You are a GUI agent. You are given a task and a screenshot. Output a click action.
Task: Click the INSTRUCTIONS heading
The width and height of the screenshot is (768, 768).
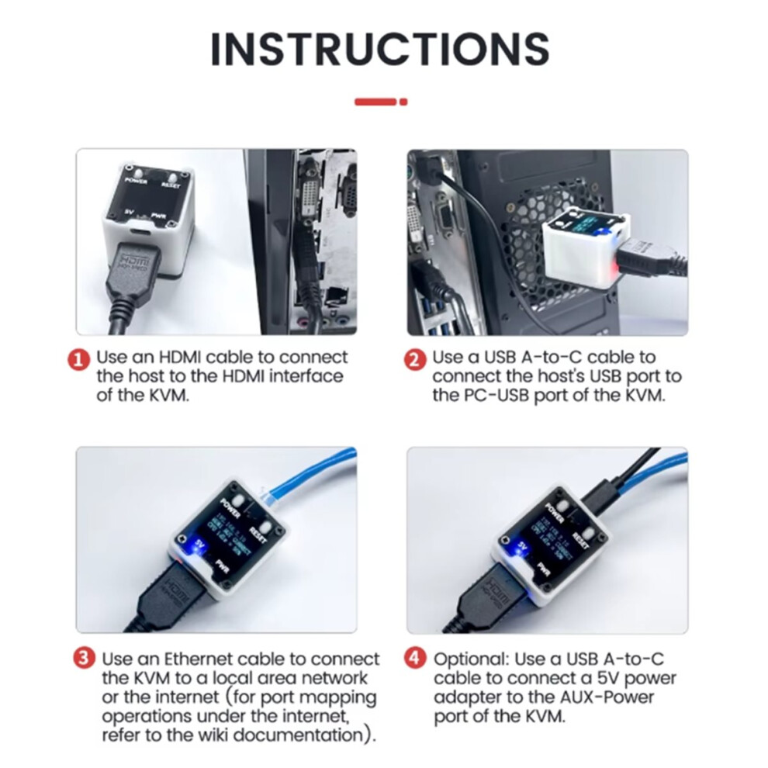(380, 48)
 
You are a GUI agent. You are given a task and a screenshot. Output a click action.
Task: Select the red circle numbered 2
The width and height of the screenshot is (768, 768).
(416, 359)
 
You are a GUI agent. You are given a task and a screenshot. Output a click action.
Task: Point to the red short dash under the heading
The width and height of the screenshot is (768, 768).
(375, 101)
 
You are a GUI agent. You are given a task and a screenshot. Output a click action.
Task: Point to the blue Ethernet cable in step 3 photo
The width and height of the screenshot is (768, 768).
(310, 481)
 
